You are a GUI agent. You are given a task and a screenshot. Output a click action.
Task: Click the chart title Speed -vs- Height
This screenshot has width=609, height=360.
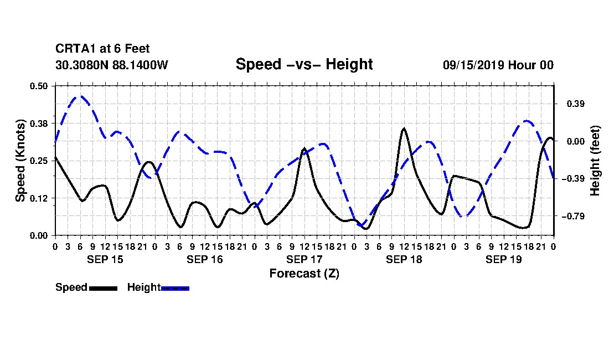pos(304,64)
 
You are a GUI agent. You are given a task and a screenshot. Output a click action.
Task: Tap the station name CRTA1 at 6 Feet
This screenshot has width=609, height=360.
pos(102,49)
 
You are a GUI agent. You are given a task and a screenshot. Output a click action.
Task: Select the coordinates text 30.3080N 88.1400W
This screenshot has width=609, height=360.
pos(112,65)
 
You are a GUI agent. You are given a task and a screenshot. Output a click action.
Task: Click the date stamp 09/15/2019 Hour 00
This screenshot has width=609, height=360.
pos(498,65)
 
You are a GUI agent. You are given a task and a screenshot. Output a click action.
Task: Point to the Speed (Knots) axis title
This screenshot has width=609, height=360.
pos(20,161)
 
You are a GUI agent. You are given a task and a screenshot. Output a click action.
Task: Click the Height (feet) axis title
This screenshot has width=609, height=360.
pos(595,161)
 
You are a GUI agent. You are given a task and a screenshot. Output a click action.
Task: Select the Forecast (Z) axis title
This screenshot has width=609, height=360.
pos(304,274)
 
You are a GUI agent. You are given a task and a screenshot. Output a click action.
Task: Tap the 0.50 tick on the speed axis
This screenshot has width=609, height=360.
pos(39,86)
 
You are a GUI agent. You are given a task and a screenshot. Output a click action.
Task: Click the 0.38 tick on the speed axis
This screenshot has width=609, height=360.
pos(39,124)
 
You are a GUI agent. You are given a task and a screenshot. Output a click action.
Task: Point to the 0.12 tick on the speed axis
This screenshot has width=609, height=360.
pos(39,198)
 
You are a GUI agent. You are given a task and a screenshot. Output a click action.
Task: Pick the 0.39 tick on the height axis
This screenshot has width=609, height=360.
pos(576,104)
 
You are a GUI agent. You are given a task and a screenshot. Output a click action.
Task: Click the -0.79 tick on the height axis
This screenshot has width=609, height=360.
pos(573,217)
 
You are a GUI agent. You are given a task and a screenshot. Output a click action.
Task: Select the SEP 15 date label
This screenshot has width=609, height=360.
pos(105,259)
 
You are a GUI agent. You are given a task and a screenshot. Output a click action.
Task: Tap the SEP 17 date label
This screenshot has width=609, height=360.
pos(304,259)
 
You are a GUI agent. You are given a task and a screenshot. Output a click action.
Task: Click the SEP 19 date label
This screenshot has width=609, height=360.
pos(503,259)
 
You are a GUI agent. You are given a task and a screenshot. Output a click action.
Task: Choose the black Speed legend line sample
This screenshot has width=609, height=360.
pos(104,288)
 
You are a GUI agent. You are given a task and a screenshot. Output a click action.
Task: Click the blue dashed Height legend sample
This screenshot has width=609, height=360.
pos(175,288)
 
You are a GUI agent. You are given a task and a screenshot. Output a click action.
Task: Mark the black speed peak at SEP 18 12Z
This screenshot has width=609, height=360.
pos(404,128)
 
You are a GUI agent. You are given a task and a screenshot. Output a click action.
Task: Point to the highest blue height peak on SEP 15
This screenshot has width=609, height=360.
pos(81,96)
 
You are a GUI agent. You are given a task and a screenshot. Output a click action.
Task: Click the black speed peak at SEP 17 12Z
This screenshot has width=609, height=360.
pos(304,148)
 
